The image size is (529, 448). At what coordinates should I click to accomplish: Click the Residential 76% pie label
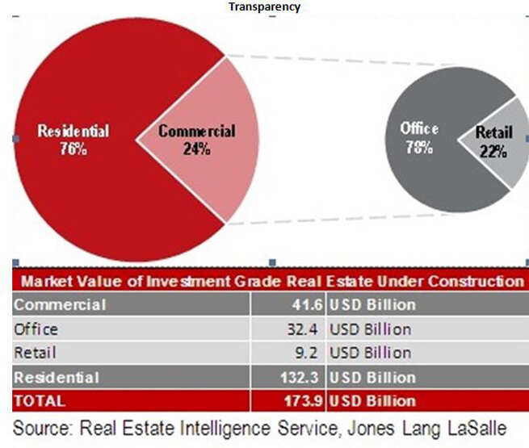pos(73,140)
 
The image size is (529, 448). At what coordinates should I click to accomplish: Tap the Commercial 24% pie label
pos(197,140)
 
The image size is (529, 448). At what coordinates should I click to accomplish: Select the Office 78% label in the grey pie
pos(419,138)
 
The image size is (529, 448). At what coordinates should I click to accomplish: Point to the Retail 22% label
pos(493,141)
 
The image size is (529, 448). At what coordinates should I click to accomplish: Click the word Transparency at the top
pos(265,6)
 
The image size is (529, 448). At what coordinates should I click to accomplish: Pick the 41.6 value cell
pos(308,305)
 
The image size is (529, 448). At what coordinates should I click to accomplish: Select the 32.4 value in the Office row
pos(302,329)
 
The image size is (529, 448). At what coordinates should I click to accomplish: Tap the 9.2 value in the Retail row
pos(306,353)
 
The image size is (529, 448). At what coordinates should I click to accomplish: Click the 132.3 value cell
pos(300,378)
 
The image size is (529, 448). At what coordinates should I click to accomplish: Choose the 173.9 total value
pos(304,401)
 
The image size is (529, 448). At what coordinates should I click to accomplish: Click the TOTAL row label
pos(40,401)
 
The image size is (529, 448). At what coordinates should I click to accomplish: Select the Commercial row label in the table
pos(60,305)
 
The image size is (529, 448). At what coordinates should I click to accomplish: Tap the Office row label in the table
pos(36,329)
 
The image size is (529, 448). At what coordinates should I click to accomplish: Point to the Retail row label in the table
pos(35,353)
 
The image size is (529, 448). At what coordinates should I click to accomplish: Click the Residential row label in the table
pos(57,378)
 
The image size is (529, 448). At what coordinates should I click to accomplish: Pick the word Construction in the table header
pos(477,281)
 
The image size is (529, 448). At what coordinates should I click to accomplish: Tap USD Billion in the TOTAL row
pos(372,401)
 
